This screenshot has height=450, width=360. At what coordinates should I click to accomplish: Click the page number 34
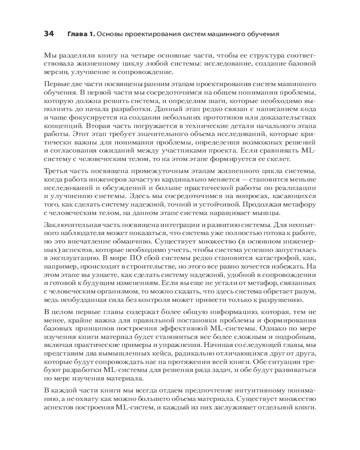49,34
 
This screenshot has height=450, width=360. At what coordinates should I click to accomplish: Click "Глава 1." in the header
81,34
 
